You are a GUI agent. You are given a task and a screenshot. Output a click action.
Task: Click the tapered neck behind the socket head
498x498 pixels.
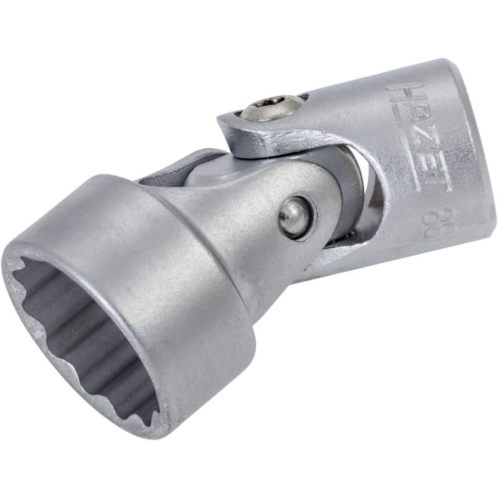[x=249, y=199]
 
